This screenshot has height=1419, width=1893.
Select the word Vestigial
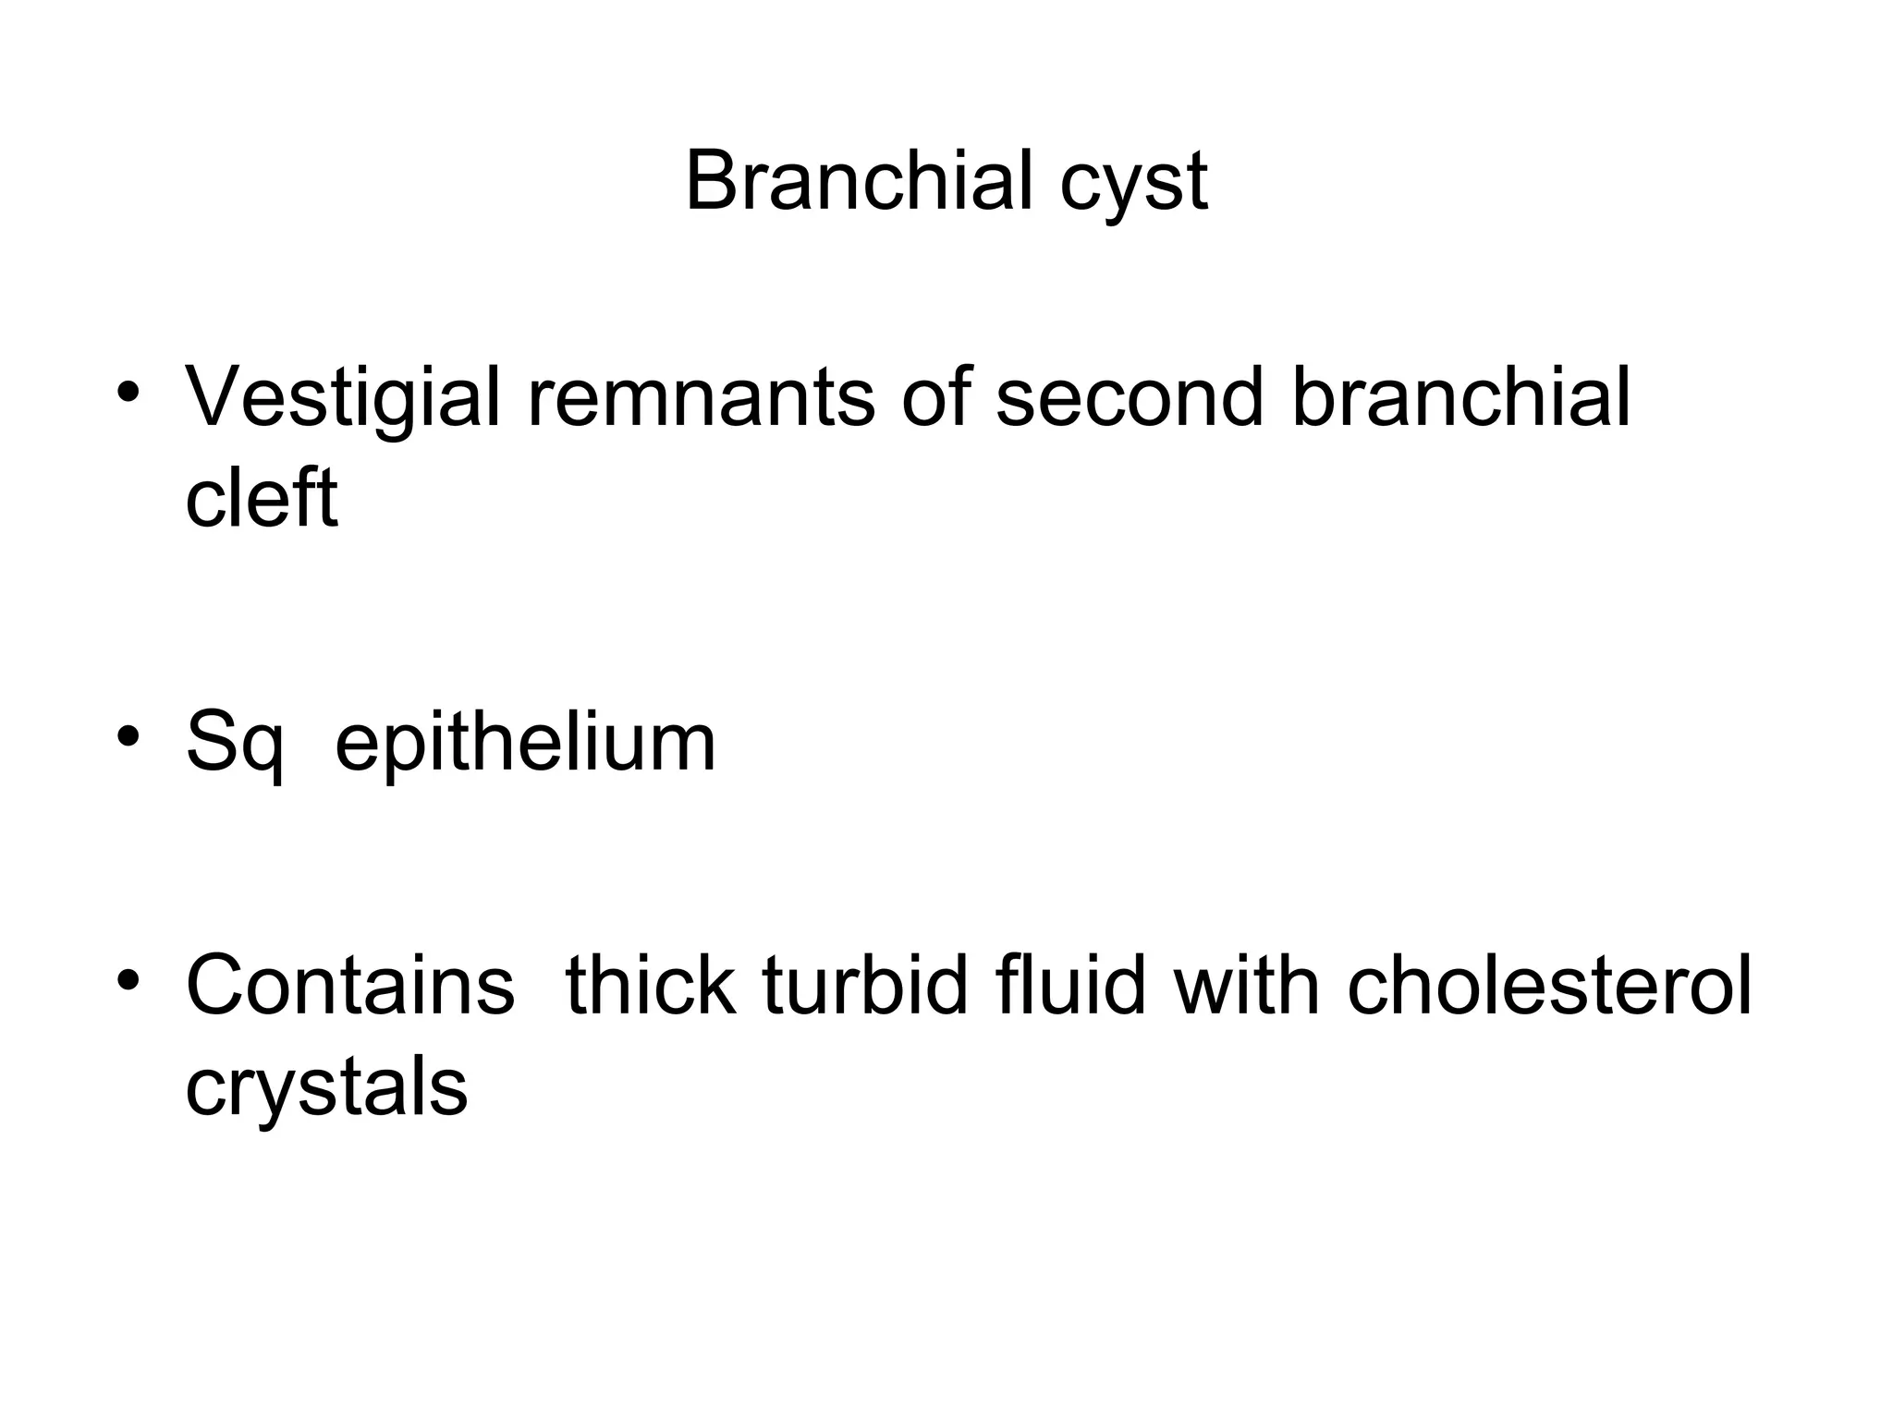(x=343, y=399)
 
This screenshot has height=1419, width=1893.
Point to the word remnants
(x=701, y=399)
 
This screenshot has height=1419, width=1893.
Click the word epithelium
(x=525, y=744)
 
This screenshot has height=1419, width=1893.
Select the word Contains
(x=350, y=986)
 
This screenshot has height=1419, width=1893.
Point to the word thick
(x=651, y=986)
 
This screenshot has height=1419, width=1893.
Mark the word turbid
(x=867, y=986)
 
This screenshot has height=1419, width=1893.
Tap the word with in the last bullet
(x=1247, y=986)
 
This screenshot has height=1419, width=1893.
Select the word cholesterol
(x=1549, y=986)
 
